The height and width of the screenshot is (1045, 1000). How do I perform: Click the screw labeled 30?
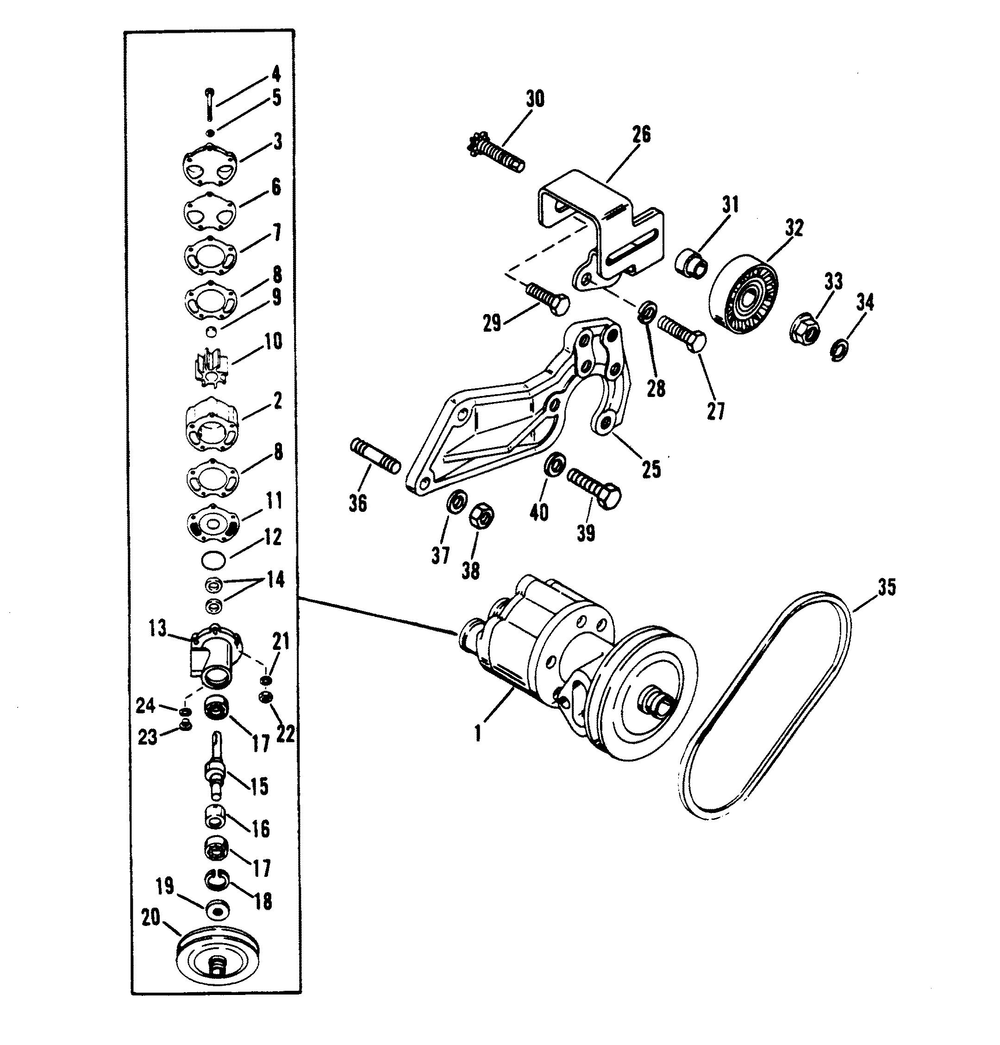pyautogui.click(x=496, y=154)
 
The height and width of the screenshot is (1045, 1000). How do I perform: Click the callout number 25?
pyautogui.click(x=650, y=469)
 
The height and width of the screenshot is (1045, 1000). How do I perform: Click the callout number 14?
pyautogui.click(x=275, y=579)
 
